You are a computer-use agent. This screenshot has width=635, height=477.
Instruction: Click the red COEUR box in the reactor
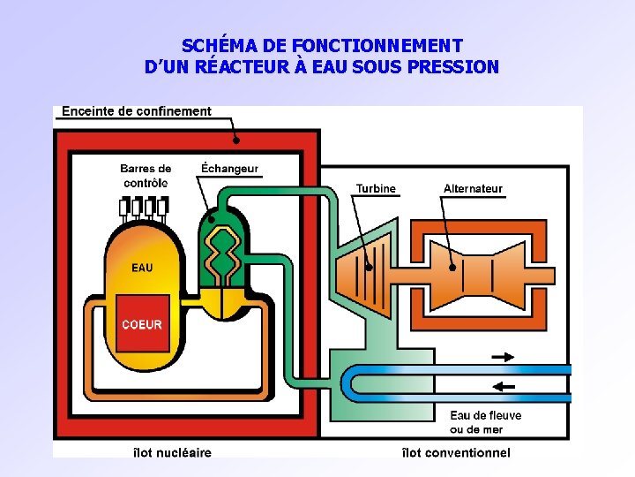point(142,323)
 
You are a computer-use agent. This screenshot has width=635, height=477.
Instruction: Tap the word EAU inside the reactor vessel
point(142,268)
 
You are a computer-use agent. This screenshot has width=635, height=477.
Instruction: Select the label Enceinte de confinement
point(137,111)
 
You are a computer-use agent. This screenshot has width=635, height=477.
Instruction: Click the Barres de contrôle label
point(146,176)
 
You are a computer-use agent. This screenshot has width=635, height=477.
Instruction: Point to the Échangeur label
point(229,169)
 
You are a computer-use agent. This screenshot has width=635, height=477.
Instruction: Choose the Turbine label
point(376,188)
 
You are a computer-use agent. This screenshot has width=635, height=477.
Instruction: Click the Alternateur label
point(473,188)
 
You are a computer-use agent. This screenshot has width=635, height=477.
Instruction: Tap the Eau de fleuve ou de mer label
point(485,422)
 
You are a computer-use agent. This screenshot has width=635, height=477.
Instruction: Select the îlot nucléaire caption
point(172,452)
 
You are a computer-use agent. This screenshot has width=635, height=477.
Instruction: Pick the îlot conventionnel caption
point(455,452)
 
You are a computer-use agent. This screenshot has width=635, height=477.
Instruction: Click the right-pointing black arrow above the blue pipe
point(503,357)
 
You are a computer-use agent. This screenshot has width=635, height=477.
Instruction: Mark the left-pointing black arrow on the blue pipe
point(503,386)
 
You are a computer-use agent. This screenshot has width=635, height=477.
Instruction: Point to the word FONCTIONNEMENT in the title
point(377,45)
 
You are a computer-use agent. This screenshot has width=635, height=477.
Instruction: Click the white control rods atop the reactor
point(144,207)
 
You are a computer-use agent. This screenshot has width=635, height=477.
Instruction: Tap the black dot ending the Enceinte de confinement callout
point(235,140)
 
